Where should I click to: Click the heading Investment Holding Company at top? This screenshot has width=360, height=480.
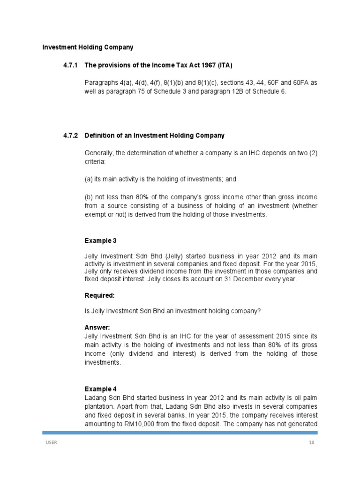[88, 47]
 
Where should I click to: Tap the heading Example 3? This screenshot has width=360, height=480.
[100, 241]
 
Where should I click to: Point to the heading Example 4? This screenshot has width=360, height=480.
[100, 389]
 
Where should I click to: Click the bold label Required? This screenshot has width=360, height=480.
[99, 296]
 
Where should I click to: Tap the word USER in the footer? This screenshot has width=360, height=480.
[51, 443]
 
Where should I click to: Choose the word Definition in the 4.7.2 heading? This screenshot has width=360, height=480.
[100, 135]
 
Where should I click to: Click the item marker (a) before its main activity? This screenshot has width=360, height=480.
[89, 179]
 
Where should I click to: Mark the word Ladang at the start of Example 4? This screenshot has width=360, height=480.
[95, 398]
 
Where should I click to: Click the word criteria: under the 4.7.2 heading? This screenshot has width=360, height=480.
[95, 161]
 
